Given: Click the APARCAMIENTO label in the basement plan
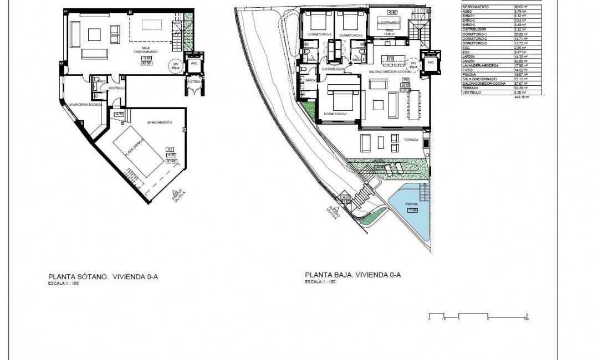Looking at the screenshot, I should tap(159, 122).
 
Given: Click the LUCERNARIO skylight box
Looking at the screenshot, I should tap(388, 22).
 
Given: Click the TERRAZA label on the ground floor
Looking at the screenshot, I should tap(411, 140).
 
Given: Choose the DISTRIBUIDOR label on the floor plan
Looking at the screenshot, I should tap(335, 69).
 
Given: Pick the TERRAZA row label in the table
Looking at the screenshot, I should tap(470, 88).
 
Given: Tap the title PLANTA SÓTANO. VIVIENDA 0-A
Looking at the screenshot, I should tap(95, 274).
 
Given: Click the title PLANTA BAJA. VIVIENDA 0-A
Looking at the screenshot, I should tap(352, 274).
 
